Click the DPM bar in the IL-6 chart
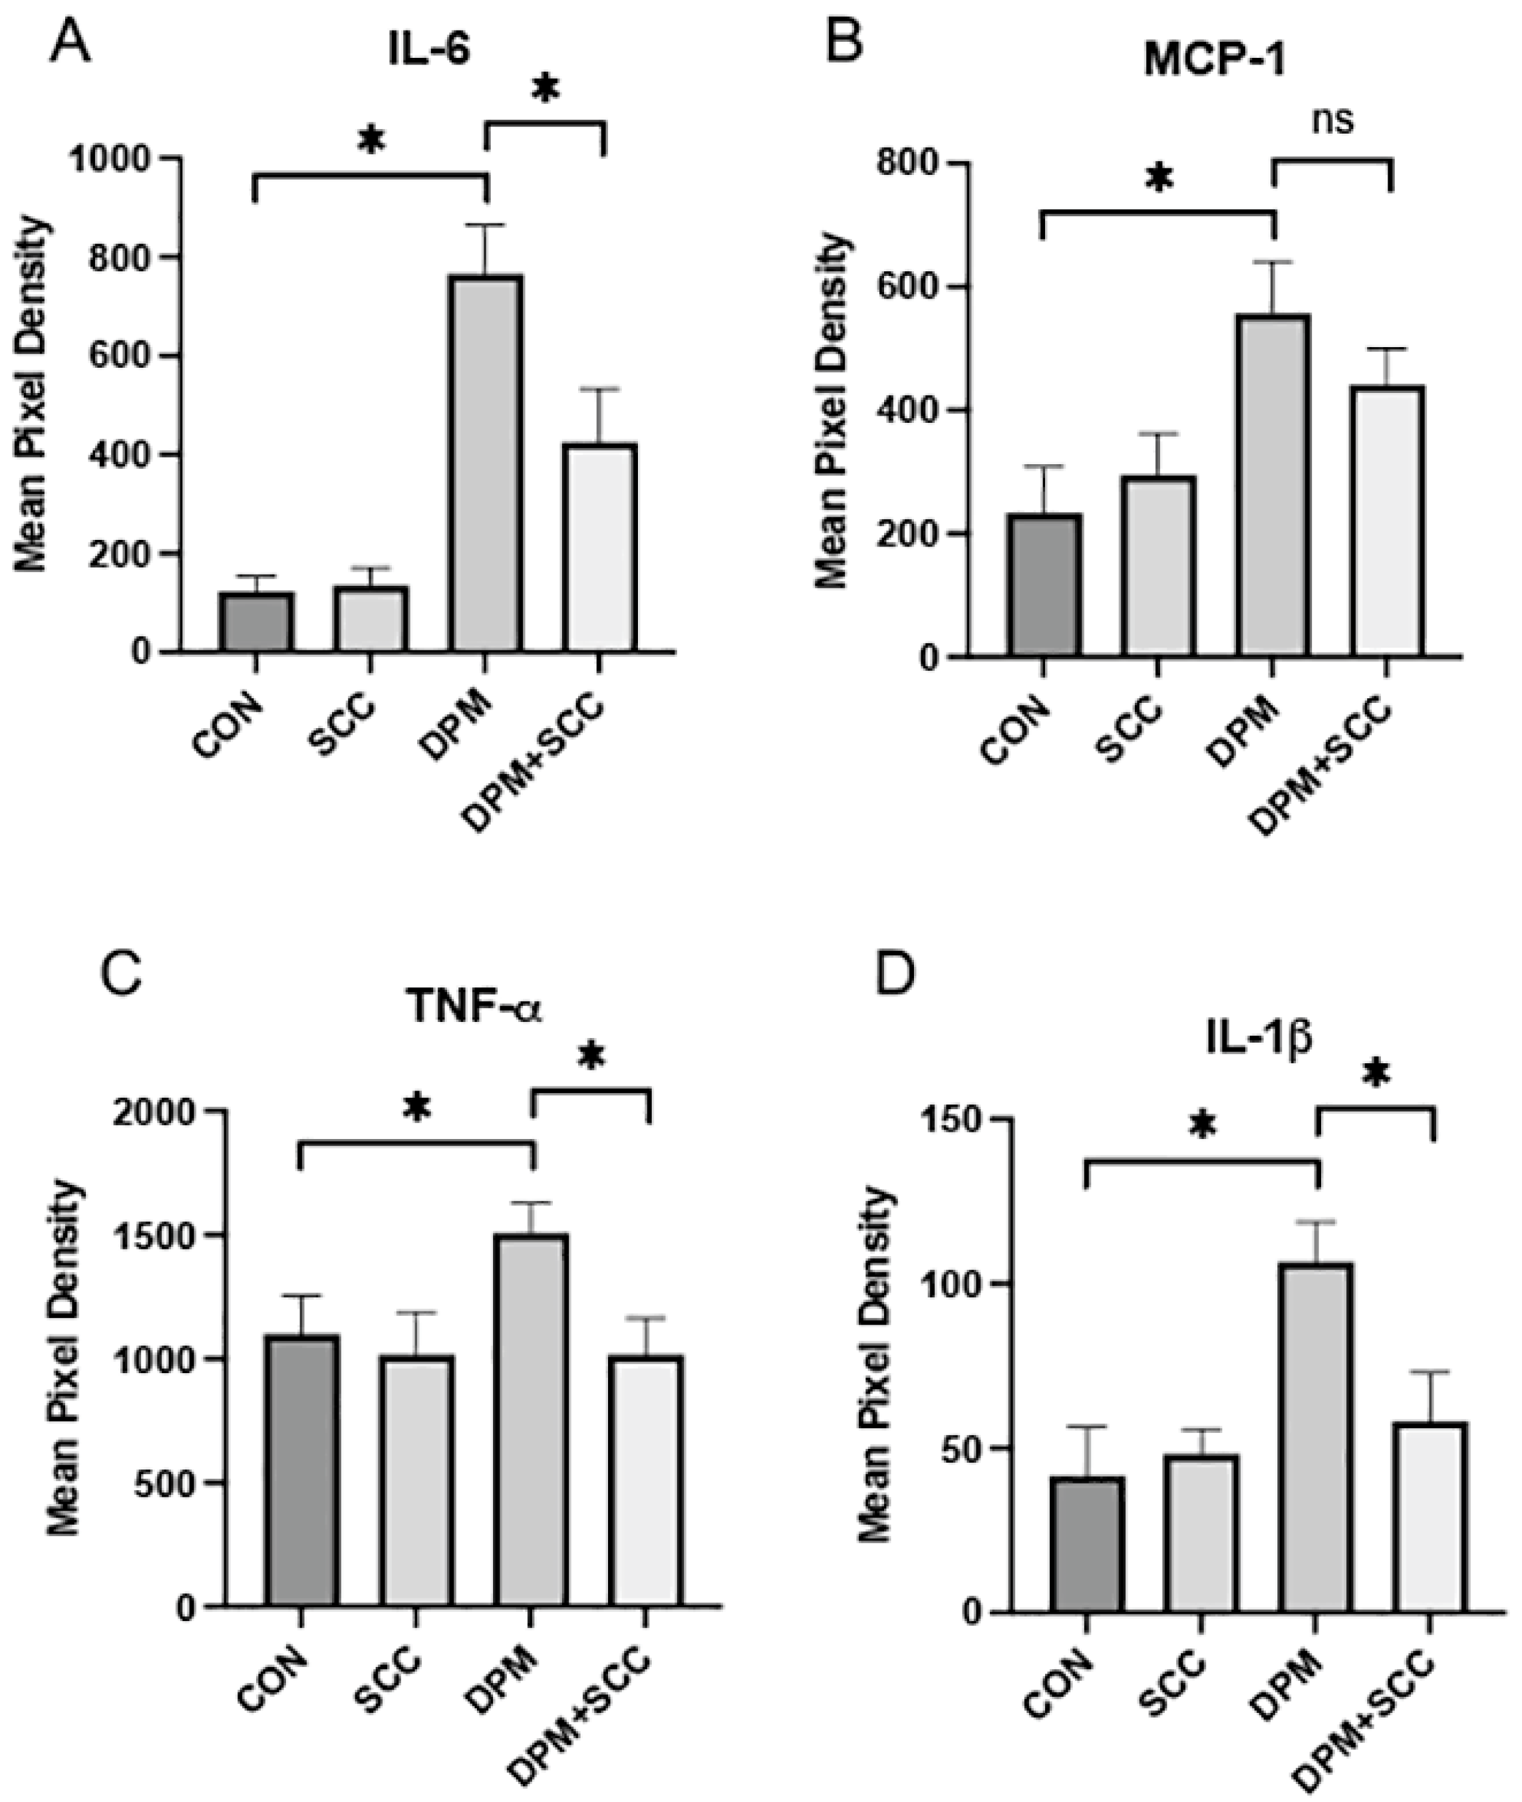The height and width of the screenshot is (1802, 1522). pos(486,463)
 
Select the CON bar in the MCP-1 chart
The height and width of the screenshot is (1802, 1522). pos(1043,586)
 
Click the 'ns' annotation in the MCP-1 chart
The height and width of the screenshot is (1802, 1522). pos(1332,121)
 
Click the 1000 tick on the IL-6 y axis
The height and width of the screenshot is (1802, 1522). pos(122,159)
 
